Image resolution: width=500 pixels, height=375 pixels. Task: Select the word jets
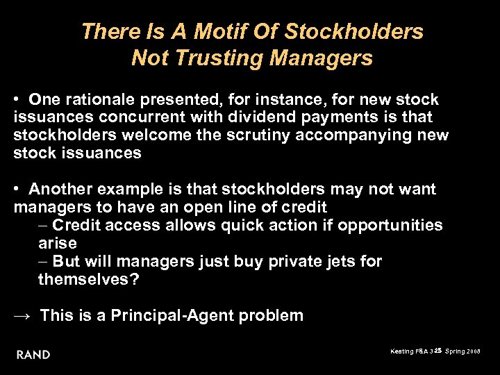pyautogui.click(x=341, y=262)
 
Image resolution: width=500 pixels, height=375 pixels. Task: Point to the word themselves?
pyautogui.click(x=89, y=279)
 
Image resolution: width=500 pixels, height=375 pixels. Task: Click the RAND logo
pyautogui.click(x=33, y=355)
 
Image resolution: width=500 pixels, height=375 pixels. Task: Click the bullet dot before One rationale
pyautogui.click(x=17, y=100)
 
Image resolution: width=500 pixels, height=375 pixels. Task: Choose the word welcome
pyautogui.click(x=137, y=135)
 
